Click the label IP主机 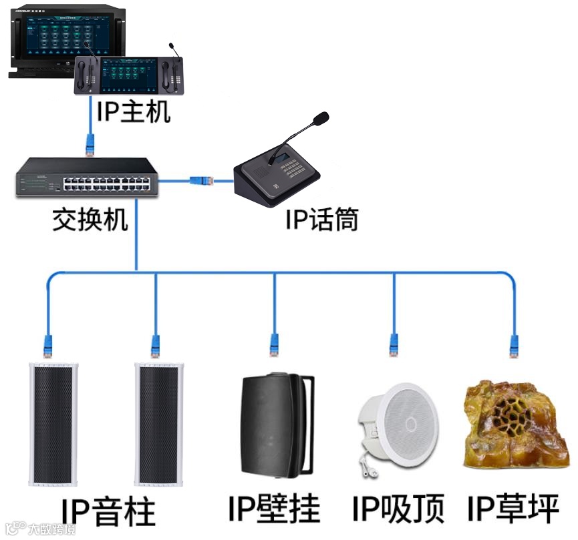click(x=134, y=111)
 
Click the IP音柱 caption click(x=108, y=513)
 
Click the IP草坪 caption click(x=513, y=509)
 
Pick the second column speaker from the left click(x=160, y=424)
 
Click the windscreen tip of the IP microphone click(x=321, y=119)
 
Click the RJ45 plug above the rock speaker click(x=514, y=346)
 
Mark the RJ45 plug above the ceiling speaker click(x=394, y=346)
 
